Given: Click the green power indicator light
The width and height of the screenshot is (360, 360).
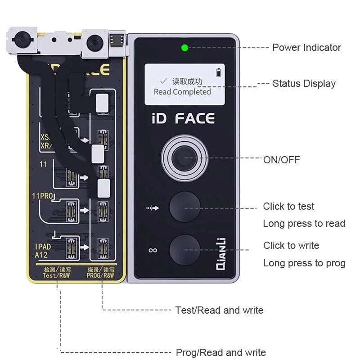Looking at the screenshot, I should click(x=184, y=48).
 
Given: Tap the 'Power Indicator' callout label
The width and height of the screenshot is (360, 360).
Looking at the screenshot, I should click(x=306, y=47).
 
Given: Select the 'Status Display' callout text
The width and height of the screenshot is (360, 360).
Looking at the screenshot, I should click(x=304, y=83).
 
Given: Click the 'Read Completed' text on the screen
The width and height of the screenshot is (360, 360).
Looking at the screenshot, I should click(x=182, y=92).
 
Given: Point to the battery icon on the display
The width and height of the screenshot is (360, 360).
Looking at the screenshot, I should click(x=219, y=72).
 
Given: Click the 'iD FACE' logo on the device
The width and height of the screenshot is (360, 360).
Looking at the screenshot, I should click(x=183, y=119).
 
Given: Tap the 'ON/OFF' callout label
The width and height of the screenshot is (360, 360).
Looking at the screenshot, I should click(x=282, y=160).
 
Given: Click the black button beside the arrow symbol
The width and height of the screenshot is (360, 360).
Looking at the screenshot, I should click(x=184, y=207).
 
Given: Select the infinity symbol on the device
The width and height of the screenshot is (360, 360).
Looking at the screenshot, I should click(x=153, y=250).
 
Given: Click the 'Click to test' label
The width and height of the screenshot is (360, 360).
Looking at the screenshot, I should click(x=288, y=207).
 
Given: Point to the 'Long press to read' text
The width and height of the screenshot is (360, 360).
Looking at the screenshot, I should click(x=304, y=224).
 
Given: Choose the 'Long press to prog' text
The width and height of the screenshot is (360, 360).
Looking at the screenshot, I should click(x=304, y=263).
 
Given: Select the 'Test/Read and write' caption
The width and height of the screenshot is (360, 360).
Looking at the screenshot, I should click(x=219, y=310).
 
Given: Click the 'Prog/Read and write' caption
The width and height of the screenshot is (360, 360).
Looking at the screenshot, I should click(x=220, y=352).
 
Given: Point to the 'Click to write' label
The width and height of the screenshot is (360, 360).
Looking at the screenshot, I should click(x=291, y=246).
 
